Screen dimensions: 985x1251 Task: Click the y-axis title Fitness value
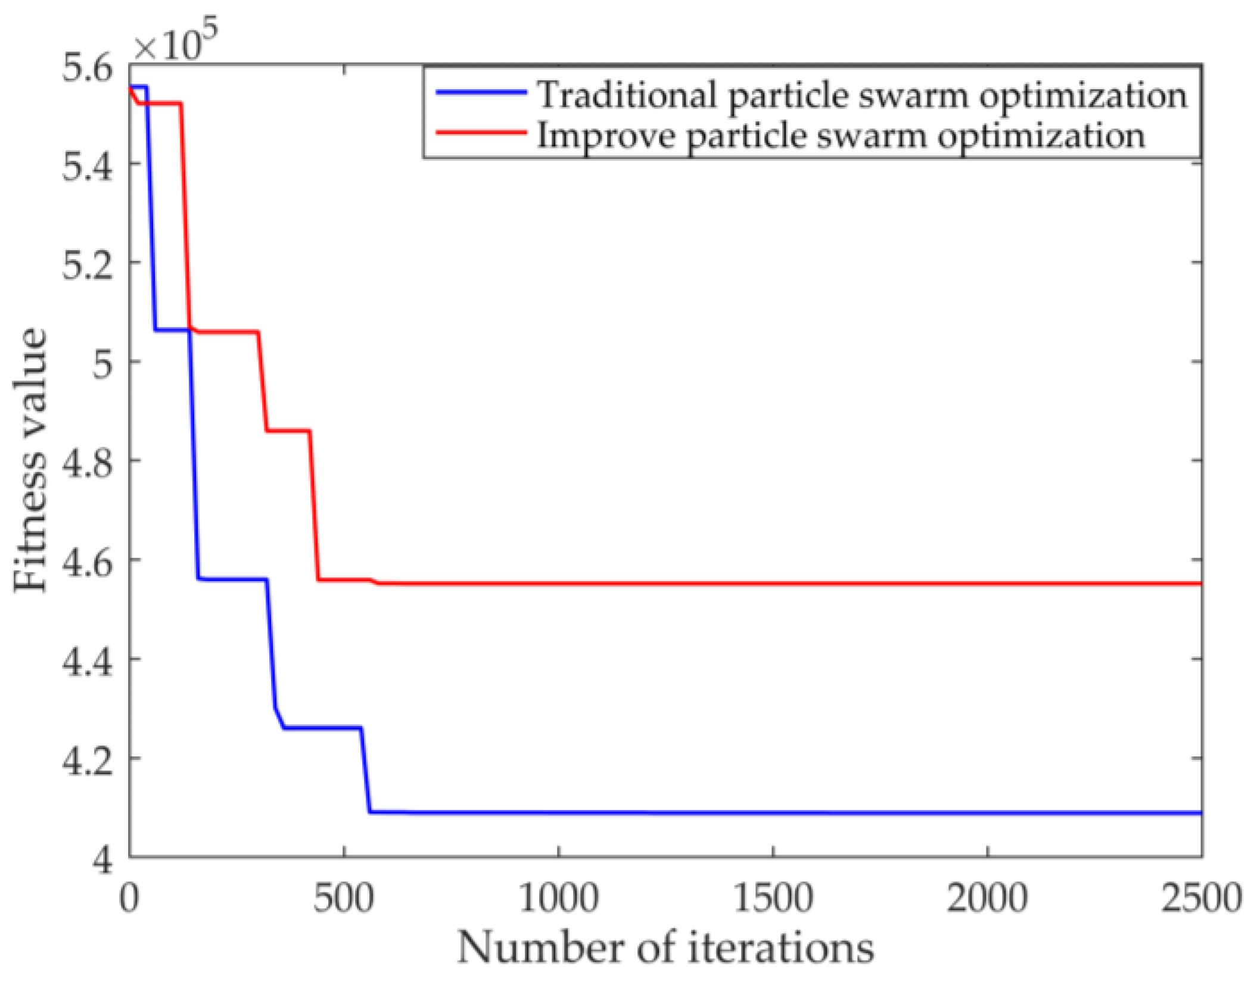[x=30, y=460]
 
